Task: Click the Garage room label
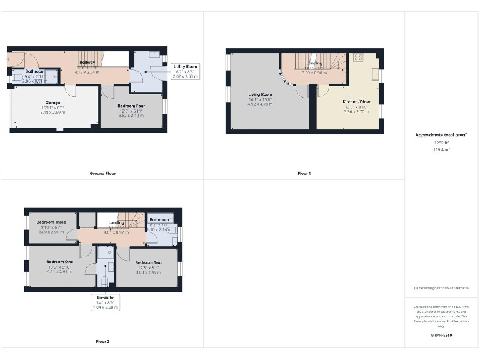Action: pyautogui.click(x=52, y=102)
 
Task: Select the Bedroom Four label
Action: pyautogui.click(x=131, y=106)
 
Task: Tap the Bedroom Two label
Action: pyautogui.click(x=148, y=262)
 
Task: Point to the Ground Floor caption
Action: pyautogui.click(x=102, y=173)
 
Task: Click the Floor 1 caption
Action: pyautogui.click(x=304, y=173)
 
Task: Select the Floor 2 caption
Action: pyautogui.click(x=102, y=342)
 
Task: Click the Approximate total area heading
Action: pyautogui.click(x=441, y=135)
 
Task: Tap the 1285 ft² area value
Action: pyautogui.click(x=441, y=143)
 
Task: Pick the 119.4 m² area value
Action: pyautogui.click(x=441, y=150)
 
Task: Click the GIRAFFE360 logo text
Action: pyautogui.click(x=441, y=336)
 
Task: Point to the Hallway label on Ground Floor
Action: pyautogui.click(x=87, y=62)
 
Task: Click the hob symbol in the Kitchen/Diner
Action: pyautogui.click(x=358, y=58)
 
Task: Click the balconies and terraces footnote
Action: pyautogui.click(x=441, y=288)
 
